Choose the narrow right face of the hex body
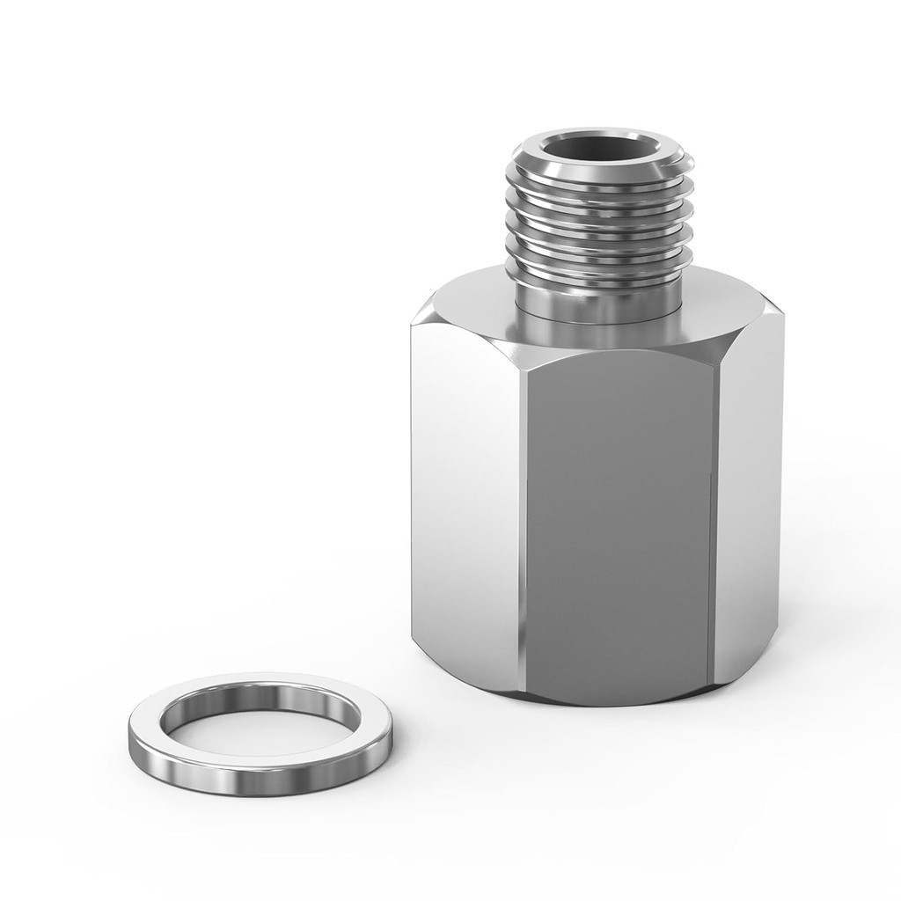tap(748, 510)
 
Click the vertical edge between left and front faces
tap(521, 528)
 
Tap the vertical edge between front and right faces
tap(714, 528)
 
